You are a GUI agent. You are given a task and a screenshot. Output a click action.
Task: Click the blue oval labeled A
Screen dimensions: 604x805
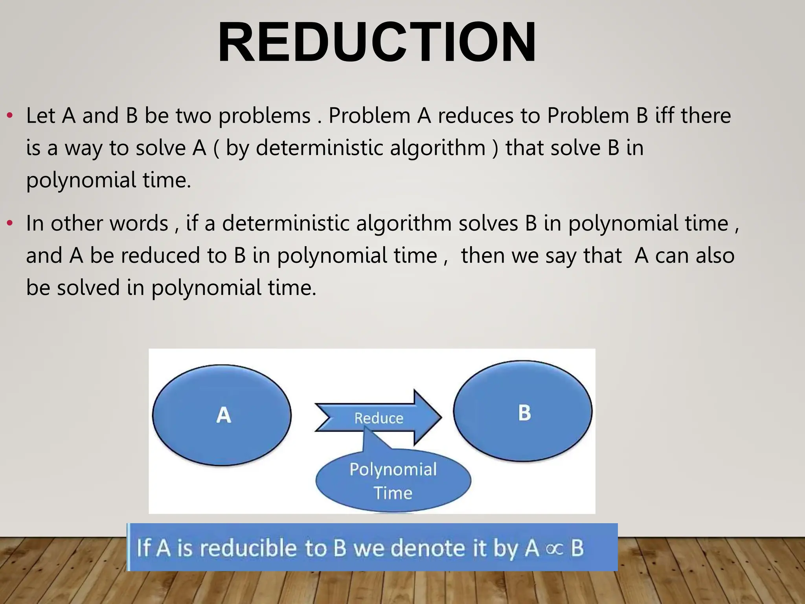[222, 415]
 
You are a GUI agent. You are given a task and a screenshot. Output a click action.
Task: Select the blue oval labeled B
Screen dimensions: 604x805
[523, 411]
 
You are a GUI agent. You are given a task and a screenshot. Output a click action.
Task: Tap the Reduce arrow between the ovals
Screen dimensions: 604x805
[379, 418]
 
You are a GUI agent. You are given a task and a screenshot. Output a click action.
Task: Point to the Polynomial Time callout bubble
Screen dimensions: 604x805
[393, 481]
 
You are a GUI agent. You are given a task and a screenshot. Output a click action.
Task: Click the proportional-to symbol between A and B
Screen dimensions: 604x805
[555, 549]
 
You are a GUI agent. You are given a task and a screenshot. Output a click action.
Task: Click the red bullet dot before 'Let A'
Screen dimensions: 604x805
[10, 116]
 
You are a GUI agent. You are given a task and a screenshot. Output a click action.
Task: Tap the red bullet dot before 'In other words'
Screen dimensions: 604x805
[10, 223]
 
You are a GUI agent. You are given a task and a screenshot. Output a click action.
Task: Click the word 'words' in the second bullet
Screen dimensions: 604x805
[139, 223]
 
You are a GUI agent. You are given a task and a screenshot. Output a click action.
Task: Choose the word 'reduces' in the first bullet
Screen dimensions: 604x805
[476, 116]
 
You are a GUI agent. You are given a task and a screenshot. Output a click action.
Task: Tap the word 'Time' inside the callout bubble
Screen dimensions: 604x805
[393, 493]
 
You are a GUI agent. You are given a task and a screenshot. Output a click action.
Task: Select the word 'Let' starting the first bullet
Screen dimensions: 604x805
[40, 116]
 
